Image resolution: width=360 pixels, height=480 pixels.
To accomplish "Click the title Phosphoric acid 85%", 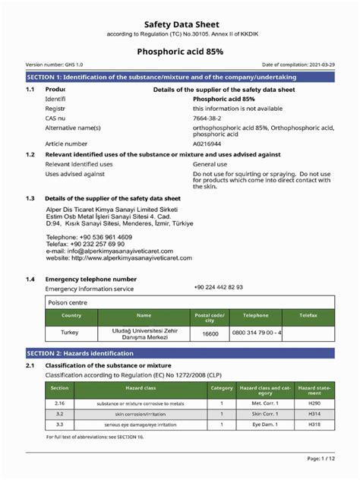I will (x=179, y=52).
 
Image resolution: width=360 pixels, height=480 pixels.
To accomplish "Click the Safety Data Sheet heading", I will (x=179, y=24).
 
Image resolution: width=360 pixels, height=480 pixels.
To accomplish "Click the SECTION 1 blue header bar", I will (x=180, y=77).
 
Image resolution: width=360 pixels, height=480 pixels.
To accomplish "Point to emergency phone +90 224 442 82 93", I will (x=218, y=287).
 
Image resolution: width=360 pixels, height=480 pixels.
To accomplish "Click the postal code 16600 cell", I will (x=210, y=333).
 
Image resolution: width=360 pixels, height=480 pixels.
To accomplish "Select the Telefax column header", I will (x=308, y=314).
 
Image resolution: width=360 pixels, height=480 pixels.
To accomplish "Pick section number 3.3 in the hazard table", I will (x=59, y=425).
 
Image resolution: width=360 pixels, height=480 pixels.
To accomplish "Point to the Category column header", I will (x=221, y=387).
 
